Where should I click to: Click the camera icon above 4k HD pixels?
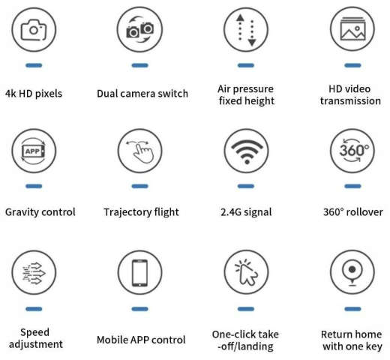[34, 30]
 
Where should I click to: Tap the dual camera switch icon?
[139, 30]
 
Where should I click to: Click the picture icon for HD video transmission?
[351, 30]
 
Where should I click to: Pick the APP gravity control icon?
[34, 151]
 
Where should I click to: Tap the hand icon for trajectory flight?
[139, 151]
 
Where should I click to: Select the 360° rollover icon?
[351, 151]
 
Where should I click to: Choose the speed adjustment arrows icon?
[34, 272]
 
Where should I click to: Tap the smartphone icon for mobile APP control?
[139, 272]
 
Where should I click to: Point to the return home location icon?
[351, 272]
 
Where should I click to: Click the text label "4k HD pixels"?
[34, 94]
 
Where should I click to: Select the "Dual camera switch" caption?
[142, 94]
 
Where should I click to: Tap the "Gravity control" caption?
[40, 212]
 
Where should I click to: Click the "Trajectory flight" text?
[141, 212]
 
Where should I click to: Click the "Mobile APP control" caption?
[142, 340]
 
